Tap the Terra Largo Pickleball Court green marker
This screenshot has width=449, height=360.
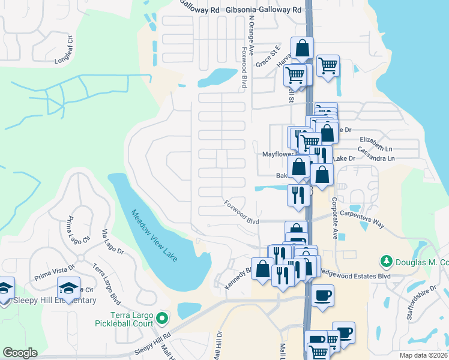(x=161, y=317)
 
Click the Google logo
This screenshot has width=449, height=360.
(x=20, y=353)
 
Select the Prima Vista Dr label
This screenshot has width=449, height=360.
(x=54, y=272)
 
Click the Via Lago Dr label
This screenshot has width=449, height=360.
(x=112, y=241)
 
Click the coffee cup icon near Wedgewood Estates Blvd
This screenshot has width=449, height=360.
(x=322, y=295)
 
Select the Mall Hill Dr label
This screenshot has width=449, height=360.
(x=217, y=346)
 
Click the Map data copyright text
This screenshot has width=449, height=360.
(x=424, y=355)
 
